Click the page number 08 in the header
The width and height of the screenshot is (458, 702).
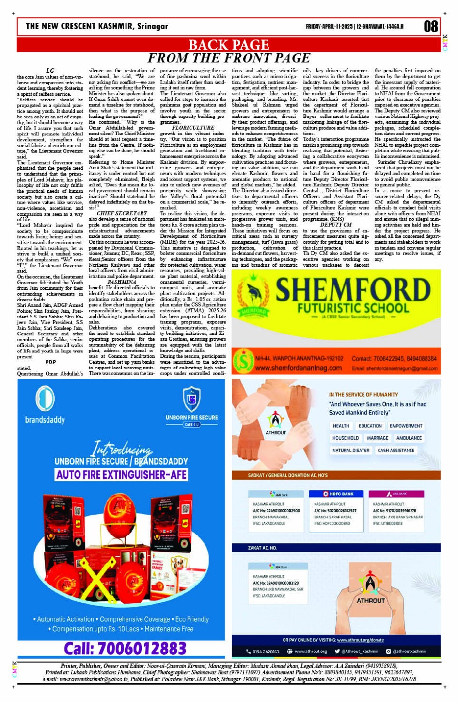(x=430, y=26)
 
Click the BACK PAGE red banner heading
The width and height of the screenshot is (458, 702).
(x=228, y=45)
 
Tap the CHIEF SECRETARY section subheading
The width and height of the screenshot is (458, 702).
(x=122, y=213)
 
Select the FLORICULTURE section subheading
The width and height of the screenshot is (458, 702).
(x=193, y=128)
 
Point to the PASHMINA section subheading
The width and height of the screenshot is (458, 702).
(x=122, y=282)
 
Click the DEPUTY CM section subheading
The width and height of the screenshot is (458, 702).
(x=336, y=225)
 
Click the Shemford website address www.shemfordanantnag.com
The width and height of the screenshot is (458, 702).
(x=298, y=368)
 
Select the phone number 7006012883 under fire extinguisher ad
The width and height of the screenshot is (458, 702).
(x=125, y=648)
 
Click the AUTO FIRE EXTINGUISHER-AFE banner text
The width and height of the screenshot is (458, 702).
(x=121, y=474)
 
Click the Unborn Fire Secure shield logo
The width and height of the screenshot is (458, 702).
(x=191, y=399)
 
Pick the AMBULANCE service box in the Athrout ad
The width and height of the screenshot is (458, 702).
(x=409, y=438)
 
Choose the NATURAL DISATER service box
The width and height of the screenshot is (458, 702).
(x=351, y=451)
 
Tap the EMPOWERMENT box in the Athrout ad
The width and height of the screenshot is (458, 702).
(x=406, y=426)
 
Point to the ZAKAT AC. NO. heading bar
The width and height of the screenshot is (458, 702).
(x=262, y=548)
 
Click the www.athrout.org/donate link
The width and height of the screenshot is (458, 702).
(x=360, y=640)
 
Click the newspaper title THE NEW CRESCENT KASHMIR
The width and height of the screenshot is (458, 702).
(x=97, y=26)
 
